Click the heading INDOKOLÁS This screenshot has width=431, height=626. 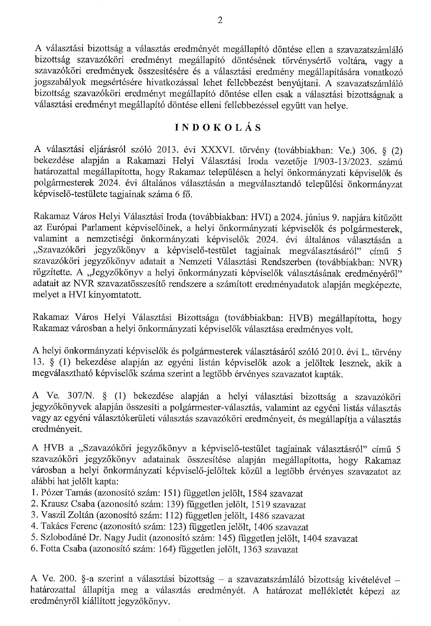click(218, 128)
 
